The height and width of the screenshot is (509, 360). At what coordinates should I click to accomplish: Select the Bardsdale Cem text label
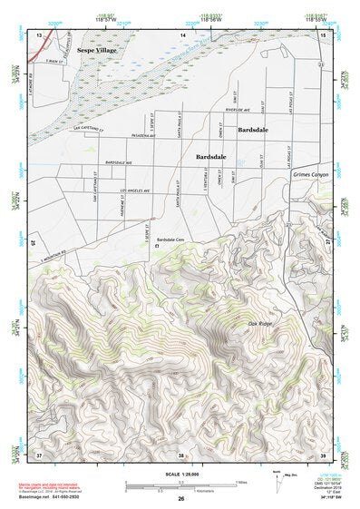(x=170, y=240)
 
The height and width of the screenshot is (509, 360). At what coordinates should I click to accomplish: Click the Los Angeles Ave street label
(x=134, y=190)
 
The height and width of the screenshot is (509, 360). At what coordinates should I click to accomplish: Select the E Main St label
(x=58, y=60)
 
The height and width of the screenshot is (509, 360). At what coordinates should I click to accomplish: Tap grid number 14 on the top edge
(x=182, y=34)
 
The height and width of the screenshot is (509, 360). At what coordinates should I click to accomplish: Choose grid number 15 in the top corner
(x=324, y=34)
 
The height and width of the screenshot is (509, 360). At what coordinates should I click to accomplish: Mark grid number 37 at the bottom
(x=39, y=452)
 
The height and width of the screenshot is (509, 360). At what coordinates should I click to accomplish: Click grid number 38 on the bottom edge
(x=182, y=452)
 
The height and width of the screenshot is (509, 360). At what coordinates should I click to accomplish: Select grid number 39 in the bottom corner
(x=324, y=452)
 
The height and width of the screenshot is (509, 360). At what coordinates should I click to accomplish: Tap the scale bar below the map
(x=180, y=484)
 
